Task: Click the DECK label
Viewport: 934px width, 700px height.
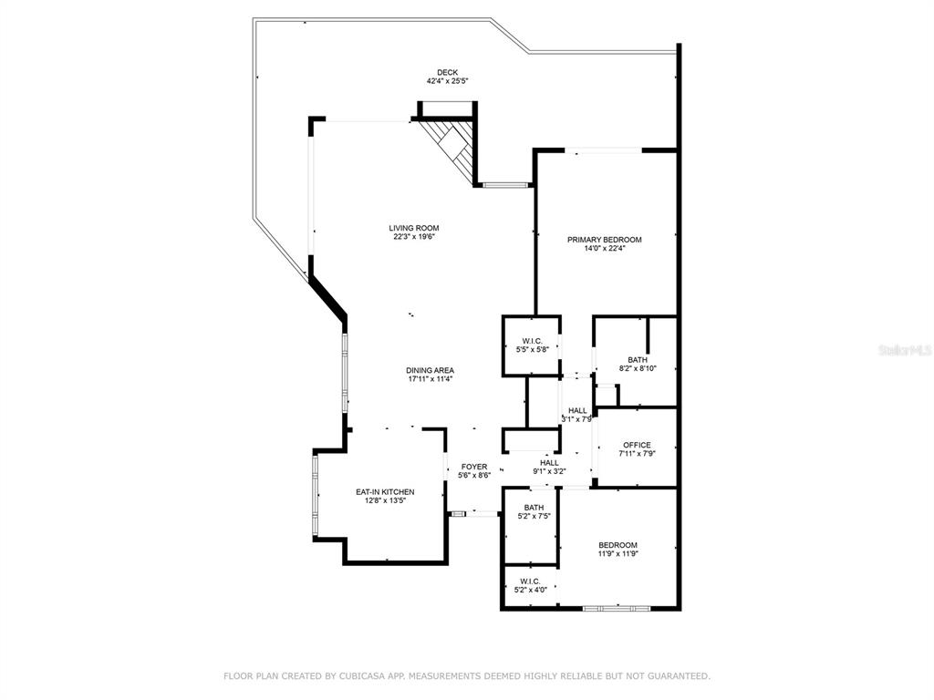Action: coord(447,73)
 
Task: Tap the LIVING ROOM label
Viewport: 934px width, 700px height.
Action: coord(414,228)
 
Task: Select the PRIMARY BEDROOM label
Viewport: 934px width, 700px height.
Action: coord(605,240)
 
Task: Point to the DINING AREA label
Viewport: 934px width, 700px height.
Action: coord(431,370)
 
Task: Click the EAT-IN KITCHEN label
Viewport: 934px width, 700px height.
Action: coord(386,492)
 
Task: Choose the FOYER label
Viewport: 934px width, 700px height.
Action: coord(474,467)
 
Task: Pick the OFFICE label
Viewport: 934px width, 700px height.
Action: coord(637,445)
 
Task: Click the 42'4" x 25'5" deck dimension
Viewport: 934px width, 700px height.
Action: coord(447,81)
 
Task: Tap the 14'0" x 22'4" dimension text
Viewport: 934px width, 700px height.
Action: coord(605,248)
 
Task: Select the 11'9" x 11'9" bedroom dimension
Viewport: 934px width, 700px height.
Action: coord(618,553)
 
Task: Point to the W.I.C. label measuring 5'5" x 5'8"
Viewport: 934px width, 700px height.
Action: coord(533,341)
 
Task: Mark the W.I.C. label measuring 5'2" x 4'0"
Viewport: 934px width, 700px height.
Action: coord(530,582)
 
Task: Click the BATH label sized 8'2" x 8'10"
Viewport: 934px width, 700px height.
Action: coord(638,360)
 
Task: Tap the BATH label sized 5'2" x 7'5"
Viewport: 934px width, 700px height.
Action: coord(534,508)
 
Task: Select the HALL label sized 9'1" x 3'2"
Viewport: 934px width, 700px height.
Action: coord(549,463)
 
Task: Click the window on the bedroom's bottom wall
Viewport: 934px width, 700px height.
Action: coord(617,608)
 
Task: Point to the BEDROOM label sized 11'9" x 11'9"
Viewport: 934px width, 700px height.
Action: coord(618,545)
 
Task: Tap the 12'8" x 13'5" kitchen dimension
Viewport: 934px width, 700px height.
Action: coord(386,500)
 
